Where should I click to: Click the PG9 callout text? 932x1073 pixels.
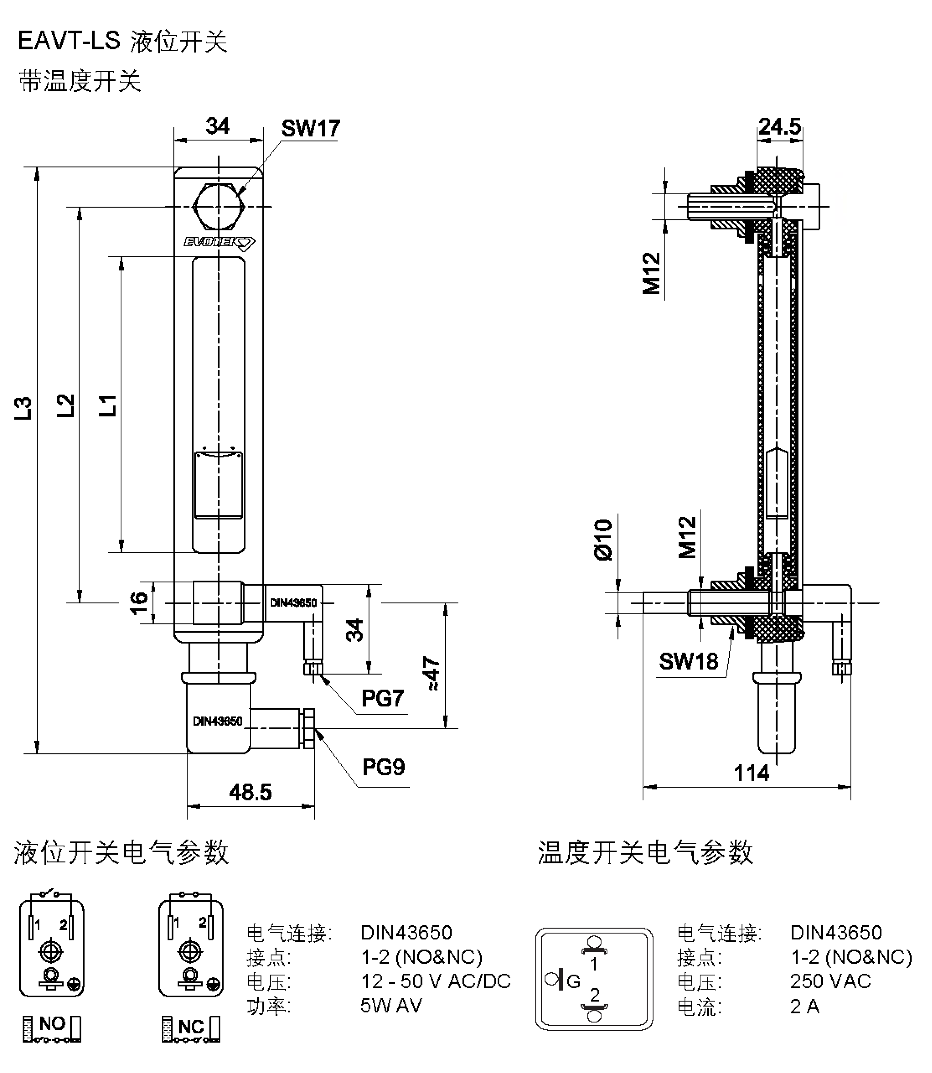pyautogui.click(x=383, y=767)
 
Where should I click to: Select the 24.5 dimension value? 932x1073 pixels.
pyautogui.click(x=779, y=126)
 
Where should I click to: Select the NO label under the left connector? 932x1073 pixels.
pyautogui.click(x=52, y=1024)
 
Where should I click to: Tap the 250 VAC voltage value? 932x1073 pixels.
pyautogui.click(x=830, y=981)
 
